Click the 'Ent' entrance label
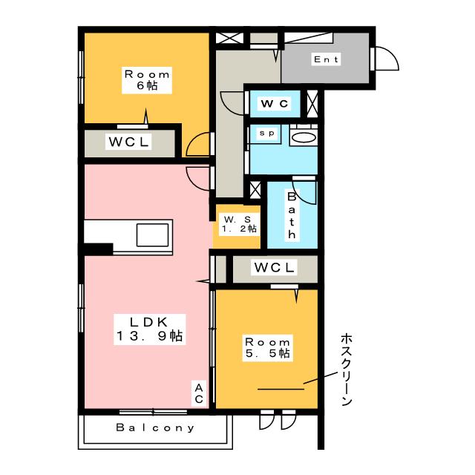click(x=327, y=59)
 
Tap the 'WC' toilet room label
click(x=274, y=103)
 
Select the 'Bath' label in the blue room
click(x=292, y=215)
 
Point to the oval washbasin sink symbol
click(x=303, y=137)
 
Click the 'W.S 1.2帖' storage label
click(x=237, y=224)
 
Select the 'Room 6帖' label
click(x=147, y=80)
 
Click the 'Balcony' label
click(x=156, y=428)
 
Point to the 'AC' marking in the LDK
click(x=199, y=393)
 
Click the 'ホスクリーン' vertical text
click(x=345, y=369)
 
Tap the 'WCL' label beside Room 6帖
click(x=130, y=141)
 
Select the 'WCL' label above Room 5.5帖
click(x=275, y=267)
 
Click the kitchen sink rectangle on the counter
click(x=154, y=235)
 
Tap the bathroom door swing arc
click(x=306, y=191)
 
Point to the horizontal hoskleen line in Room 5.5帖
click(x=281, y=388)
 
